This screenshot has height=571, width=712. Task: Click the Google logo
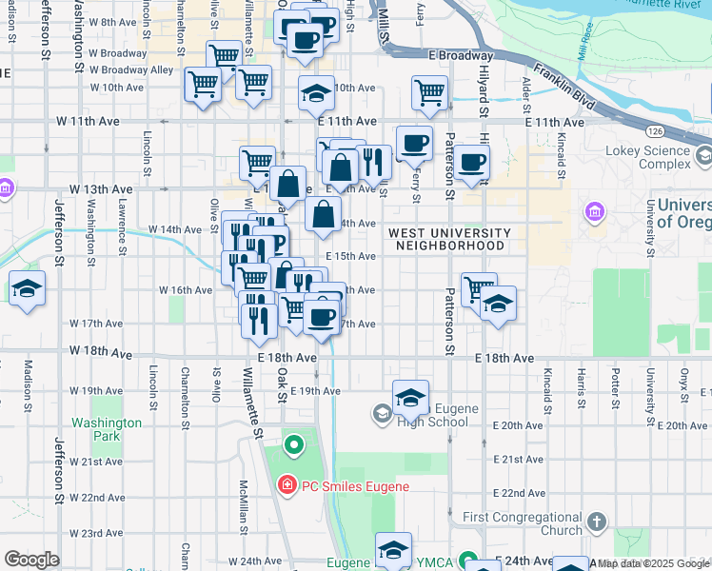[31, 560]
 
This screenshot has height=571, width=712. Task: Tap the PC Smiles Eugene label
[355, 486]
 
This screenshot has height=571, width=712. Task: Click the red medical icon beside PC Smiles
[287, 486]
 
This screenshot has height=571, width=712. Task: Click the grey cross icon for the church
[596, 522]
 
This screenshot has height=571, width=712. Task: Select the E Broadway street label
[461, 56]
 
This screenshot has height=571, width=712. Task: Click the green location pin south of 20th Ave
[294, 443]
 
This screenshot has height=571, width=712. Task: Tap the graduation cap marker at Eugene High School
[410, 395]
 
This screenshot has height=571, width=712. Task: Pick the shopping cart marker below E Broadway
[429, 92]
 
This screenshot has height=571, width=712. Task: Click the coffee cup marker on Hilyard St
[471, 161]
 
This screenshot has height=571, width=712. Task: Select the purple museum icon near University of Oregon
[596, 211]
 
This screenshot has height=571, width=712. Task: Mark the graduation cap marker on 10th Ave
[316, 93]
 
